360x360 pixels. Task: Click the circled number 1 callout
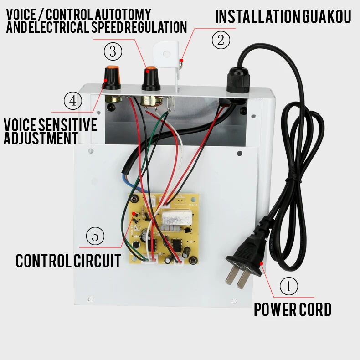pyautogui.click(x=288, y=286)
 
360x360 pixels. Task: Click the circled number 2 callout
pyautogui.click(x=221, y=40)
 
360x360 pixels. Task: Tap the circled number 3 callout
pyautogui.click(x=113, y=51)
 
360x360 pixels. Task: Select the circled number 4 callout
pyautogui.click(x=73, y=101)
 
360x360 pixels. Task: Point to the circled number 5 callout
pyautogui.click(x=95, y=236)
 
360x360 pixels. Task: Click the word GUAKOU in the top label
pyautogui.click(x=326, y=16)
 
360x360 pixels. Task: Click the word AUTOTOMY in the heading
pyautogui.click(x=123, y=15)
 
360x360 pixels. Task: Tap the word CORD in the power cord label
pyautogui.click(x=315, y=309)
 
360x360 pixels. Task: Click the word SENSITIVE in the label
pyautogui.click(x=67, y=125)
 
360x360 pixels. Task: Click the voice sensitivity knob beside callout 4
pyautogui.click(x=112, y=77)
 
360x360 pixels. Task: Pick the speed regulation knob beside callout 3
pyautogui.click(x=151, y=78)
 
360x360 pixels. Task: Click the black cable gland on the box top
pyautogui.click(x=238, y=80)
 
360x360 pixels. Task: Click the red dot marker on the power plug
pyautogui.click(x=261, y=263)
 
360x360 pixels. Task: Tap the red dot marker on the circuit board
pyautogui.click(x=134, y=214)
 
